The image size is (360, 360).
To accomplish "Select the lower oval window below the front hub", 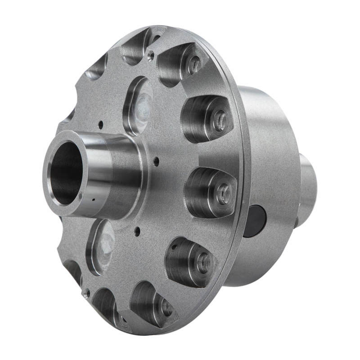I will pyautogui.click(x=101, y=245).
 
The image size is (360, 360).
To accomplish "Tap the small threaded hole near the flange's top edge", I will pyautogui.click(x=151, y=55).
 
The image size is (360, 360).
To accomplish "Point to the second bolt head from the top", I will pyautogui.click(x=220, y=121).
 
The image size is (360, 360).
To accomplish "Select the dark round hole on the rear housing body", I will pyautogui.click(x=256, y=220).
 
